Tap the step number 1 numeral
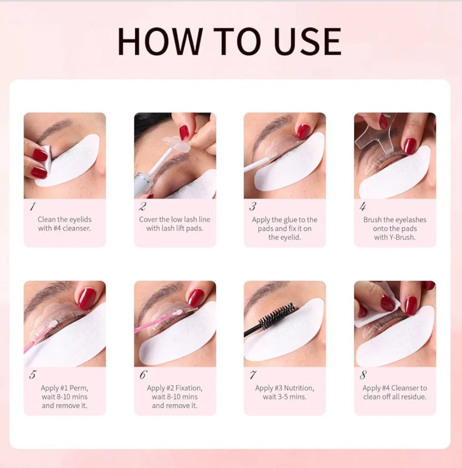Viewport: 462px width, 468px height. [32, 206]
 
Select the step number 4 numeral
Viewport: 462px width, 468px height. [363, 206]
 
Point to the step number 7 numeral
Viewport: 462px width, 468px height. [253, 375]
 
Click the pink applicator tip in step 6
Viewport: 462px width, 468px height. [178, 313]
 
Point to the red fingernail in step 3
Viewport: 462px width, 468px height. [303, 131]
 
